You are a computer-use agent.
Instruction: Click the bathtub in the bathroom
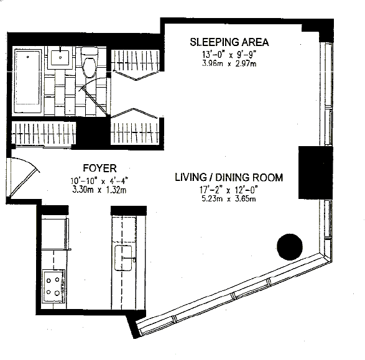point(28,80)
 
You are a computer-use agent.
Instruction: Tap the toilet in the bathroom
point(89,63)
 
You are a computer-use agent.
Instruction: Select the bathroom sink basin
point(60,57)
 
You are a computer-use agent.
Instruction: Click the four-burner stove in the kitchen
point(53,286)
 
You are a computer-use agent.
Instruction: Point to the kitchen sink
point(123,258)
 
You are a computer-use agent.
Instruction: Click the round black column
point(290,247)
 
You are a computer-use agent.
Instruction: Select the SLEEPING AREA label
point(229,42)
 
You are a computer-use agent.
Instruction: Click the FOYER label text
point(100,168)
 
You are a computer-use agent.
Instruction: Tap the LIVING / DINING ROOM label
point(229,177)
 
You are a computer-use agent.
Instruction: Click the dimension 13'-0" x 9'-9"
point(229,55)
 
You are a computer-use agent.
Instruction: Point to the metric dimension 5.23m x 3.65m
point(229,199)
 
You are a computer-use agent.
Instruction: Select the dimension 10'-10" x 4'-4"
point(99,181)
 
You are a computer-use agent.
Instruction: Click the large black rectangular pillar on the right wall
point(315,172)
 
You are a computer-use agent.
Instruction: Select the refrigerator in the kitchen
point(55,234)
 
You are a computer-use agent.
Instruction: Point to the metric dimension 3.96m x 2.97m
point(229,63)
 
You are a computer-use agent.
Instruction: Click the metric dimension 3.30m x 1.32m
point(99,190)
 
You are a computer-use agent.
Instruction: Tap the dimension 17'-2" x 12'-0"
point(229,190)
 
